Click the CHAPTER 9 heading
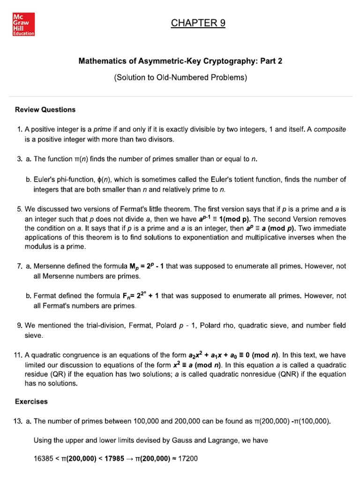click(x=198, y=23)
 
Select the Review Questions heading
click(x=45, y=109)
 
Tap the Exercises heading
click(x=31, y=402)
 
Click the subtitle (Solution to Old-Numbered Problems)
click(x=180, y=78)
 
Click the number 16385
click(x=44, y=459)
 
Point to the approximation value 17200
click(x=187, y=459)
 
